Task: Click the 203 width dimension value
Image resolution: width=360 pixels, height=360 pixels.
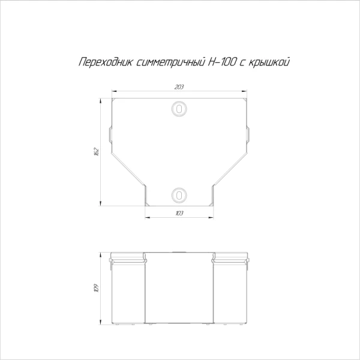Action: [x=179, y=88]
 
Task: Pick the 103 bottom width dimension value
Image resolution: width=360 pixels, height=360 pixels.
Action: [x=179, y=214]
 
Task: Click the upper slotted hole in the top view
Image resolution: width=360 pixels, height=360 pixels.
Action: [x=179, y=109]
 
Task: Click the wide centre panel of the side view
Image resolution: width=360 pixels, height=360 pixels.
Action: [x=179, y=291]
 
